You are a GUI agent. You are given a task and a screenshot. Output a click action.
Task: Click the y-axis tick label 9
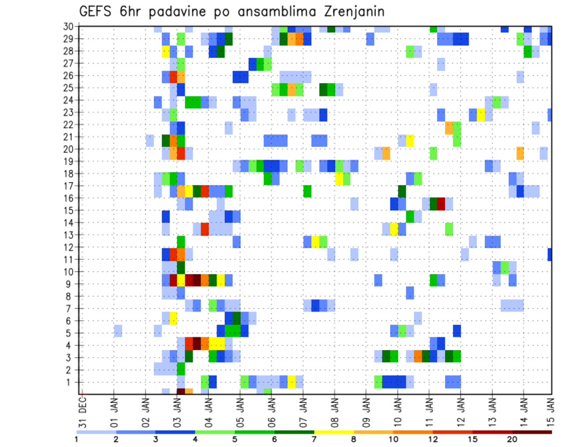(x=71, y=284)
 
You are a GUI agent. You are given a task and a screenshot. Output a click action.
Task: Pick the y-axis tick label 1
(x=71, y=382)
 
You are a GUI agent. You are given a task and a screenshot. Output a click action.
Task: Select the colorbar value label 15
(x=473, y=439)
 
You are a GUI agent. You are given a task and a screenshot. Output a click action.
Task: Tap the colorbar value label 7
(x=314, y=439)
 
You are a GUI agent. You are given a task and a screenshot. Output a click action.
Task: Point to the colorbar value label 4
(x=195, y=439)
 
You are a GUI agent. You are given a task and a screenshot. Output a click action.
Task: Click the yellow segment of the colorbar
(x=334, y=432)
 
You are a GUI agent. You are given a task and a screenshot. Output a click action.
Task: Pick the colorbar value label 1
(x=76, y=439)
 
